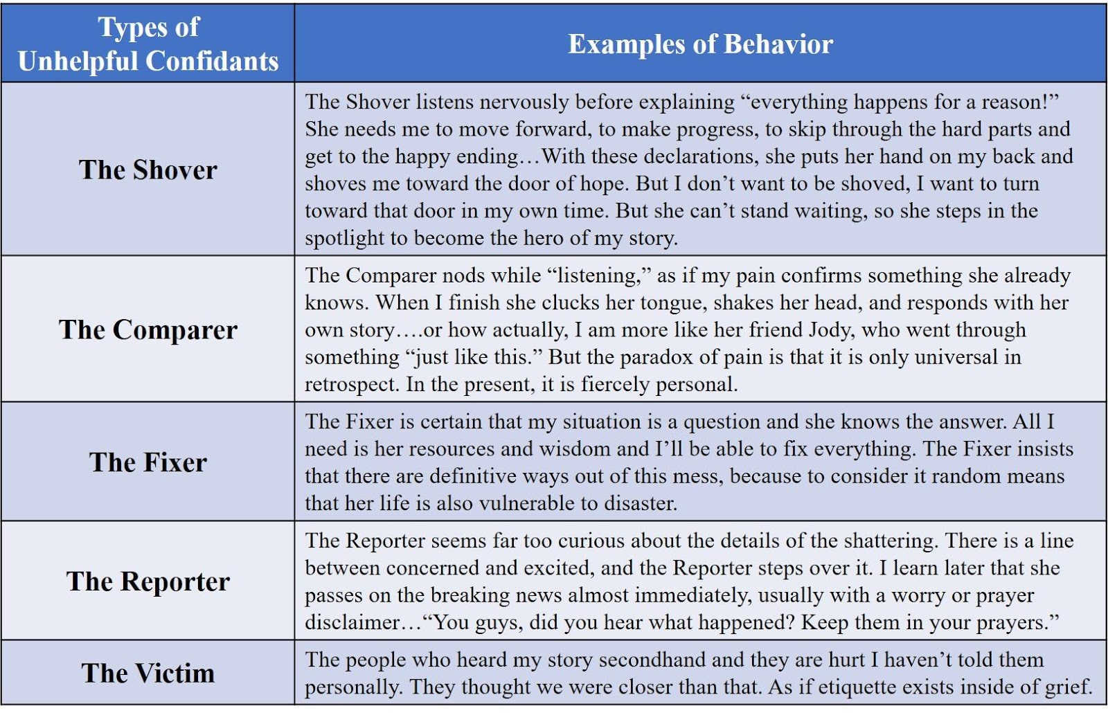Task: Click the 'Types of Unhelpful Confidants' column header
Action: coord(148,44)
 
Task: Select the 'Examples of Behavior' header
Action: coord(700,44)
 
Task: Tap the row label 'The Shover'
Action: coord(148,170)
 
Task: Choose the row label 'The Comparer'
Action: coord(148,330)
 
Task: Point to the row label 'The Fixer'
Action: coord(148,462)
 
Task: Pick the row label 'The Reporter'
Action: coord(148,581)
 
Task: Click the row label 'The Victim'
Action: coord(148,673)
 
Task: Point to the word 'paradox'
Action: coord(656,357)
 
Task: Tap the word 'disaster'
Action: coord(641,503)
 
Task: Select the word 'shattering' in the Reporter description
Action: coord(891,541)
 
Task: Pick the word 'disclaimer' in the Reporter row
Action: coord(351,623)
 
